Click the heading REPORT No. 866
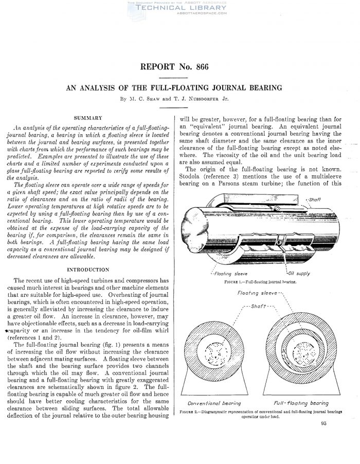pos(180,67)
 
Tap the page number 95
pos(323,424)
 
